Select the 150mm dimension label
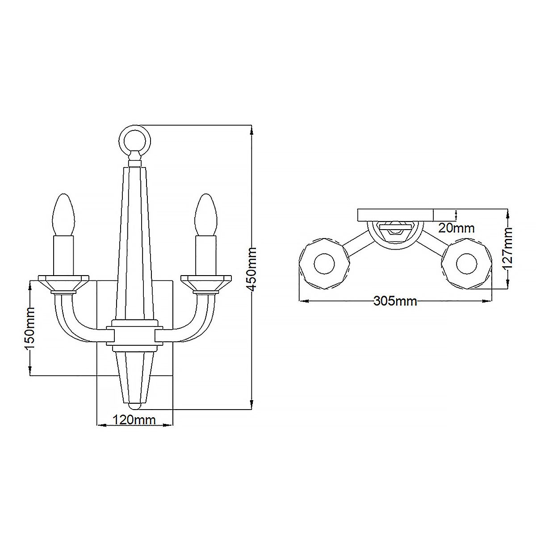point(29,328)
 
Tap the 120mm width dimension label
point(134,420)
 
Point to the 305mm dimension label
point(395,301)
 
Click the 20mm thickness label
point(456,228)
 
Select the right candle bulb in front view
point(205,214)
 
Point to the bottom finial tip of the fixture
point(134,406)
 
